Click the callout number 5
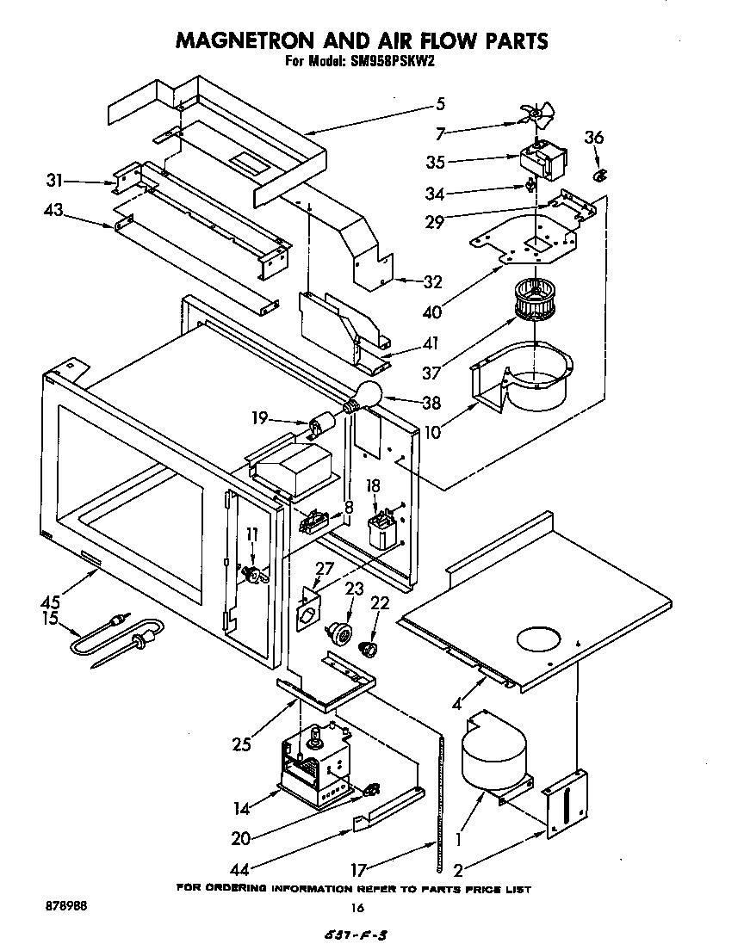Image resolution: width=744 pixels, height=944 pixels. [x=440, y=104]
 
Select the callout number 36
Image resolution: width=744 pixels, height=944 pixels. [x=594, y=137]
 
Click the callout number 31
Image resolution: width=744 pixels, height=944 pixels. [x=54, y=181]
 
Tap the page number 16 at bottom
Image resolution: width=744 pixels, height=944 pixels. [x=359, y=907]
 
